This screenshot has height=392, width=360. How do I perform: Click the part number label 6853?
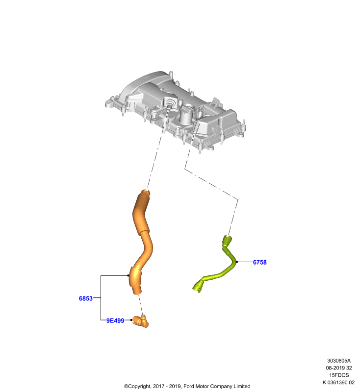tap(85, 298)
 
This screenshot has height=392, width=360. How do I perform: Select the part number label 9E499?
tap(115, 320)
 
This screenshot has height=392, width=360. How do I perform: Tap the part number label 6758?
tap(259, 262)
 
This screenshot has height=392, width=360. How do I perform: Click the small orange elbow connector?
tap(141, 321)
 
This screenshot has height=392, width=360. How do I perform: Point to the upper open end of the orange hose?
tap(145, 193)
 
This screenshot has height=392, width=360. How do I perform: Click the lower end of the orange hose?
tap(137, 292)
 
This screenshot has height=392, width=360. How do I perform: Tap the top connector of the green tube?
tap(227, 240)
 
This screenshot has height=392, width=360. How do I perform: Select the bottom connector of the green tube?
tap(198, 286)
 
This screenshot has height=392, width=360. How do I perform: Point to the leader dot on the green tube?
tap(237, 262)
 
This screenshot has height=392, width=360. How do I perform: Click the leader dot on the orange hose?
tap(128, 275)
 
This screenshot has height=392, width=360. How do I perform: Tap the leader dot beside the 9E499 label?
tap(131, 320)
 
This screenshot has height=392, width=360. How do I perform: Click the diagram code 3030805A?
tap(339, 361)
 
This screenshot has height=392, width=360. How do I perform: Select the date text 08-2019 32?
tap(339, 368)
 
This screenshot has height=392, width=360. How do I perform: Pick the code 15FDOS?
tap(339, 375)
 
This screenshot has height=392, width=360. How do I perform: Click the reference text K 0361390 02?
tap(338, 383)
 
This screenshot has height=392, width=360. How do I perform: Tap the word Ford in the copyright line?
tap(189, 386)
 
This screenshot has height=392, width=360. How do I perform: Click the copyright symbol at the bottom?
tap(126, 387)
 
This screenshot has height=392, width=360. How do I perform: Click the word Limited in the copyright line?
tap(242, 386)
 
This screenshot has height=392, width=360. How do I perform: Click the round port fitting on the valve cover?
tap(171, 103)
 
